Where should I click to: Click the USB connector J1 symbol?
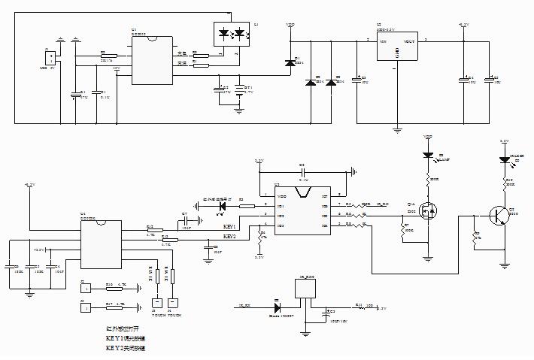pyautogui.click(x=50, y=57)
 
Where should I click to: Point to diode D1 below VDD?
pyautogui.click(x=289, y=62)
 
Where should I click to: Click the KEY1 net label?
pyautogui.click(x=230, y=225)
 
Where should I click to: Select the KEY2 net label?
pyautogui.click(x=230, y=236)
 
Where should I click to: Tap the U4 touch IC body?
pyautogui.click(x=101, y=242)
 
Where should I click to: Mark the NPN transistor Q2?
pyautogui.click(x=497, y=216)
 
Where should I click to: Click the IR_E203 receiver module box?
pyautogui.click(x=308, y=292)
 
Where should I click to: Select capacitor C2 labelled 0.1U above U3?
pyautogui.click(x=303, y=171)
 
